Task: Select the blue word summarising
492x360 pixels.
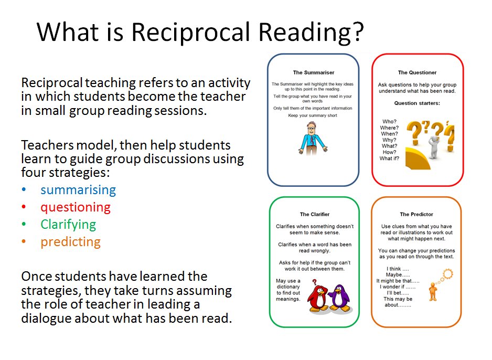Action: [78, 190]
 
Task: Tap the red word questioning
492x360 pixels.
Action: [76, 207]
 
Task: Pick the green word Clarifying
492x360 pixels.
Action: [68, 225]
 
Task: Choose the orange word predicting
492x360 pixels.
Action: [70, 242]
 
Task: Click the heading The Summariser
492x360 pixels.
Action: [313, 72]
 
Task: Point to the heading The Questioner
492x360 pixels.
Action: [417, 72]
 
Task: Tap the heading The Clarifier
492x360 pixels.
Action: [315, 214]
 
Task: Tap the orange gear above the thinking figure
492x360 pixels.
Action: [447, 273]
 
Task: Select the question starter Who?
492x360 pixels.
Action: [390, 122]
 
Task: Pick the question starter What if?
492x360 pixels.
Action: [389, 158]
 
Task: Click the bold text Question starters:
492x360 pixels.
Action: [417, 103]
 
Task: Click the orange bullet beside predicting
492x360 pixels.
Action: [24, 242]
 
